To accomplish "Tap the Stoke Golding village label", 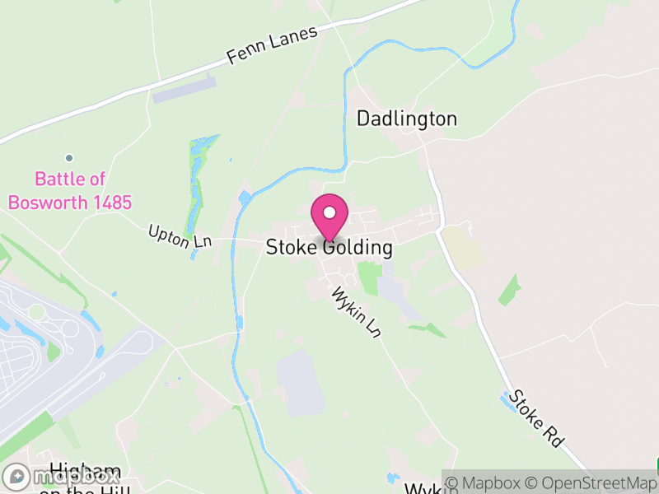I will click(x=329, y=247).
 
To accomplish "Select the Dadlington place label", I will click(x=406, y=119).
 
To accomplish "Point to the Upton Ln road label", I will click(x=180, y=236).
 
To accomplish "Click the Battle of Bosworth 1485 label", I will click(x=70, y=190).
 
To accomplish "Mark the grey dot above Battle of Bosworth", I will click(x=69, y=158).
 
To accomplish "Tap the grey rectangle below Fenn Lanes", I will click(x=184, y=90).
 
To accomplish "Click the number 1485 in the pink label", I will click(x=110, y=203).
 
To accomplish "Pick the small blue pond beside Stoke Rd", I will click(x=506, y=401).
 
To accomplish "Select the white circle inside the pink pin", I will click(x=329, y=212).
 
